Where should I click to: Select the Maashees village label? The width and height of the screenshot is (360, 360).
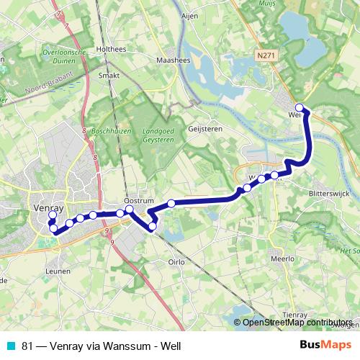point(173,60)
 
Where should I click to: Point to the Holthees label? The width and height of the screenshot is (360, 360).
point(112,49)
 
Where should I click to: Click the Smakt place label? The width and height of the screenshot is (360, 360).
point(109,74)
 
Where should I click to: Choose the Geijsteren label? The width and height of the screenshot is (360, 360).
point(204,128)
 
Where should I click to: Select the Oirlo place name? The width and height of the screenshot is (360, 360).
point(177,262)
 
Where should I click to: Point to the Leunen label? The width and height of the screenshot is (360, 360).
point(57,271)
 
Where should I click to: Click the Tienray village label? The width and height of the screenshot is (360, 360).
point(294,314)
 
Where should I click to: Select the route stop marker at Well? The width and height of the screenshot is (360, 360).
point(300,109)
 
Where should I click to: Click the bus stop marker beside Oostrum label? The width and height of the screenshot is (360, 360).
point(130,210)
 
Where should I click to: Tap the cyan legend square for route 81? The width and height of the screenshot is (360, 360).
point(9,346)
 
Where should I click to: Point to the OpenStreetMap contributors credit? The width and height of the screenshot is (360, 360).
point(297,323)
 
